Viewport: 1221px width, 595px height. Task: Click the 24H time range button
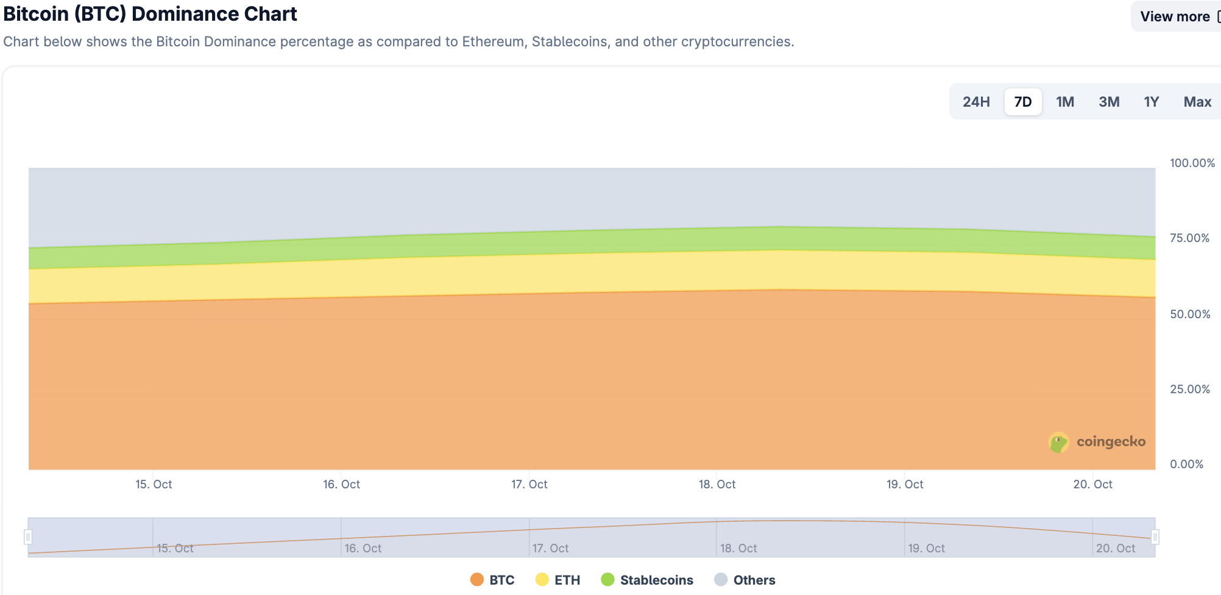pos(976,102)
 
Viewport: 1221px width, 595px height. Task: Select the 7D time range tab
pos(1023,102)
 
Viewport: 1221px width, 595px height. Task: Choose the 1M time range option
pos(1065,102)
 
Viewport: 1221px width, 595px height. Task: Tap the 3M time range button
pos(1109,102)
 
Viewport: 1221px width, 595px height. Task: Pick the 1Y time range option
pos(1151,102)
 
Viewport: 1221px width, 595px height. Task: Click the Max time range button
pos(1197,102)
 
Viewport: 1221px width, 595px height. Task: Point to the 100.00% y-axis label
pos(1192,163)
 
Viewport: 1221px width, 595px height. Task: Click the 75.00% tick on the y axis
pos(1189,238)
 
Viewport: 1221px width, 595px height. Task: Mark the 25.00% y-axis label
pos(1189,389)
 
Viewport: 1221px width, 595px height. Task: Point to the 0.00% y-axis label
pos(1186,464)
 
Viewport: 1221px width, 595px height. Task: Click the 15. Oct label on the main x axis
pos(154,484)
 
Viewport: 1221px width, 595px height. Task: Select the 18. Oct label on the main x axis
pos(717,484)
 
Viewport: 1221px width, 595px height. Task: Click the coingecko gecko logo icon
pos(1058,442)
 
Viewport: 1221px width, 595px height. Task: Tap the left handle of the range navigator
pos(28,537)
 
